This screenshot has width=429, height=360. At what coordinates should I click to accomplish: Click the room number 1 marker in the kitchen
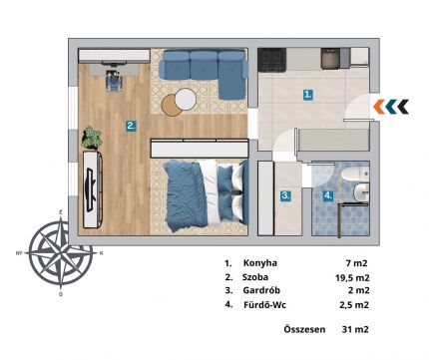(308, 95)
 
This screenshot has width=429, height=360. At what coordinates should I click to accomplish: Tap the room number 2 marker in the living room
(131, 126)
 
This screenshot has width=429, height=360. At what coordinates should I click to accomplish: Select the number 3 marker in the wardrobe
(285, 195)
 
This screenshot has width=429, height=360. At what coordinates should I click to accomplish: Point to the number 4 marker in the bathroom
(328, 195)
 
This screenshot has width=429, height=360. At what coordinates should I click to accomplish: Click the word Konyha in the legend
(260, 263)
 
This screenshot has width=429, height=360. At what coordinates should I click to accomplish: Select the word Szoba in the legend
(255, 277)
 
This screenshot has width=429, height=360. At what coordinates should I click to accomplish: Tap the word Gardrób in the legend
(261, 290)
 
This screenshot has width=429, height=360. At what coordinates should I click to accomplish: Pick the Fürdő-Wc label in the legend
(264, 304)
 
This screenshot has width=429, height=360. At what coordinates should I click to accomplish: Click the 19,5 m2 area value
(352, 277)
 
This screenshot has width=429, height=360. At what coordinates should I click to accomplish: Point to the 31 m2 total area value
(355, 329)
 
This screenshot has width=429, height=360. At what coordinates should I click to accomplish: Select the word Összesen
(304, 329)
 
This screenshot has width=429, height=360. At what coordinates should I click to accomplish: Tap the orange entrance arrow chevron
(379, 107)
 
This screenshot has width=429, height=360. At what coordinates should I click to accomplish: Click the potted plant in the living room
(92, 138)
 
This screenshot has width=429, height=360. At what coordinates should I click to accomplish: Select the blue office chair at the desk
(114, 80)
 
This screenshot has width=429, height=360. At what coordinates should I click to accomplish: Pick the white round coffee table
(186, 99)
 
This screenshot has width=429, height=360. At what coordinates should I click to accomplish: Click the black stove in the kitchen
(272, 60)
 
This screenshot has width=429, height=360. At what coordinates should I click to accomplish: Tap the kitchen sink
(330, 59)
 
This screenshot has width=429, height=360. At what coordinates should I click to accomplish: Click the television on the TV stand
(91, 189)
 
